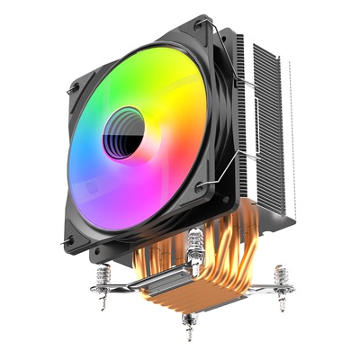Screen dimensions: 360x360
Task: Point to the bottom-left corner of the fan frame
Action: (x=68, y=240)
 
